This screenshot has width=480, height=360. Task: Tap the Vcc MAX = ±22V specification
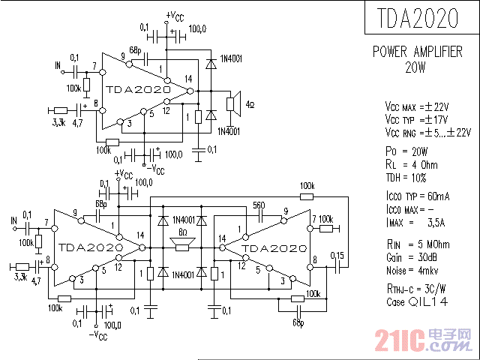(x=417, y=106)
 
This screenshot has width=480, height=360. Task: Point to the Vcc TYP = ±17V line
(x=416, y=119)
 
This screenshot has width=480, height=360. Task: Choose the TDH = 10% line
(x=406, y=178)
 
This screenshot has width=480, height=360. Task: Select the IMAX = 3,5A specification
(x=416, y=223)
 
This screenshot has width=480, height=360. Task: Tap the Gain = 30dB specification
(x=409, y=256)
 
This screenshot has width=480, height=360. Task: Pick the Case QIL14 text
(x=415, y=301)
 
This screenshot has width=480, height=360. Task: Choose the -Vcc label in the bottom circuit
(x=97, y=336)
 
